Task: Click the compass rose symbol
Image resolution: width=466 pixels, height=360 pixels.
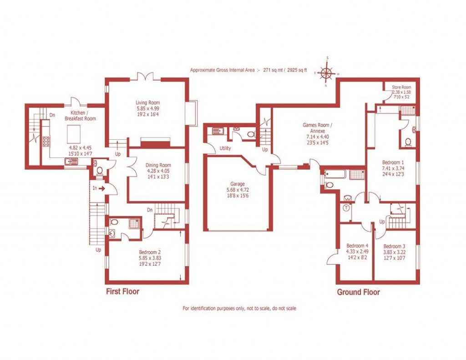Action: [327, 72]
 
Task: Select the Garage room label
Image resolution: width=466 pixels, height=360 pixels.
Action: [237, 184]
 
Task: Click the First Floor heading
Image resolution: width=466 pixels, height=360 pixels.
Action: [122, 291]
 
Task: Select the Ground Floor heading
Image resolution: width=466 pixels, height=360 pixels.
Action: [358, 292]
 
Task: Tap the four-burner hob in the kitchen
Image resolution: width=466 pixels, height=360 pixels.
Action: [46, 142]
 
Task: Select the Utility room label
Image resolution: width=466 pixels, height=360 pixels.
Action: [225, 148]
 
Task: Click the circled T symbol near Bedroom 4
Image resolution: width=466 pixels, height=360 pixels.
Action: [346, 208]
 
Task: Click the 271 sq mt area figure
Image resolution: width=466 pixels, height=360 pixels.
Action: [274, 71]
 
